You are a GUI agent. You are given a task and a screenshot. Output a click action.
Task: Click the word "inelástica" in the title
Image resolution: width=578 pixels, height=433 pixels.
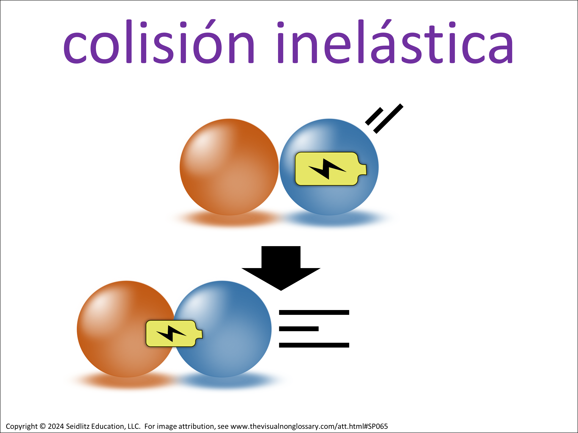point(395,41)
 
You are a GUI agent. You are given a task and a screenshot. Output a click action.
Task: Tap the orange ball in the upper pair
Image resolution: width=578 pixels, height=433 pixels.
point(229,167)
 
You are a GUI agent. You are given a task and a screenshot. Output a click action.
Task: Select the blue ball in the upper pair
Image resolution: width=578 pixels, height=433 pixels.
point(329,167)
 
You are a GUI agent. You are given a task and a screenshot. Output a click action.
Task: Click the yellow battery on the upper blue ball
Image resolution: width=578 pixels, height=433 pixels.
point(331,169)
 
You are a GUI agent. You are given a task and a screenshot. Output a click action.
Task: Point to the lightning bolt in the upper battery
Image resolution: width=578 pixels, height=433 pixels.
point(327,169)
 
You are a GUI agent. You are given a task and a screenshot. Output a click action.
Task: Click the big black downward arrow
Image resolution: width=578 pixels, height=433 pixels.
point(281,268)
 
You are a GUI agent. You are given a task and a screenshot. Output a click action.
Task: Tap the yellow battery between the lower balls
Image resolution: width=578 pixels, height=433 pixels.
point(174,334)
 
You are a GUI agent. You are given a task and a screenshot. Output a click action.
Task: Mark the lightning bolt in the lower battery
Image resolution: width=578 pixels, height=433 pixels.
point(171,334)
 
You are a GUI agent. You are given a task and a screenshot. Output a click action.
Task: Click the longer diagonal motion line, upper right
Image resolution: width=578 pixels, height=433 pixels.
point(388,119)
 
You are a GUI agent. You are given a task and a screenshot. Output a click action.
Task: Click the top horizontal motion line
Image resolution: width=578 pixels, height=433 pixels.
point(314,312)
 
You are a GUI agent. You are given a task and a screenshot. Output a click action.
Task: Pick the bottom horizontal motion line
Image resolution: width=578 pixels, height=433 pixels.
point(314,345)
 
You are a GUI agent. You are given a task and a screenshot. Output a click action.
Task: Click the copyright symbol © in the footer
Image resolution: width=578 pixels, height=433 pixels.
point(43,426)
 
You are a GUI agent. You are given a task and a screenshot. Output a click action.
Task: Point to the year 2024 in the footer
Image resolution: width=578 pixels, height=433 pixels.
point(56,426)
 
